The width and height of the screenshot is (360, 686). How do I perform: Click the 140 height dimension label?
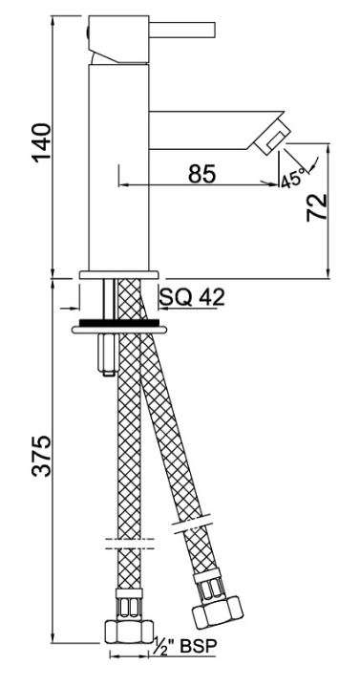pos(43,143)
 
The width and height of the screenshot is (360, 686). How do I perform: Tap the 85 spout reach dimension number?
pos(202,174)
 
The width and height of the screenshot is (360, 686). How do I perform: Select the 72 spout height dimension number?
pos(317,207)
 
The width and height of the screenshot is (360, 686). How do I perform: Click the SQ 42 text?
pos(192,297)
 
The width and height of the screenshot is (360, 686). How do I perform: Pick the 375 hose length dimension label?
pos(43,456)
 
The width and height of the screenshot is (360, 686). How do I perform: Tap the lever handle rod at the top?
pos(182,30)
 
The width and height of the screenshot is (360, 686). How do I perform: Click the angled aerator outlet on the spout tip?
pos(271,137)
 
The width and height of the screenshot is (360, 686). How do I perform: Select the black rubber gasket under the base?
pos(119,323)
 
